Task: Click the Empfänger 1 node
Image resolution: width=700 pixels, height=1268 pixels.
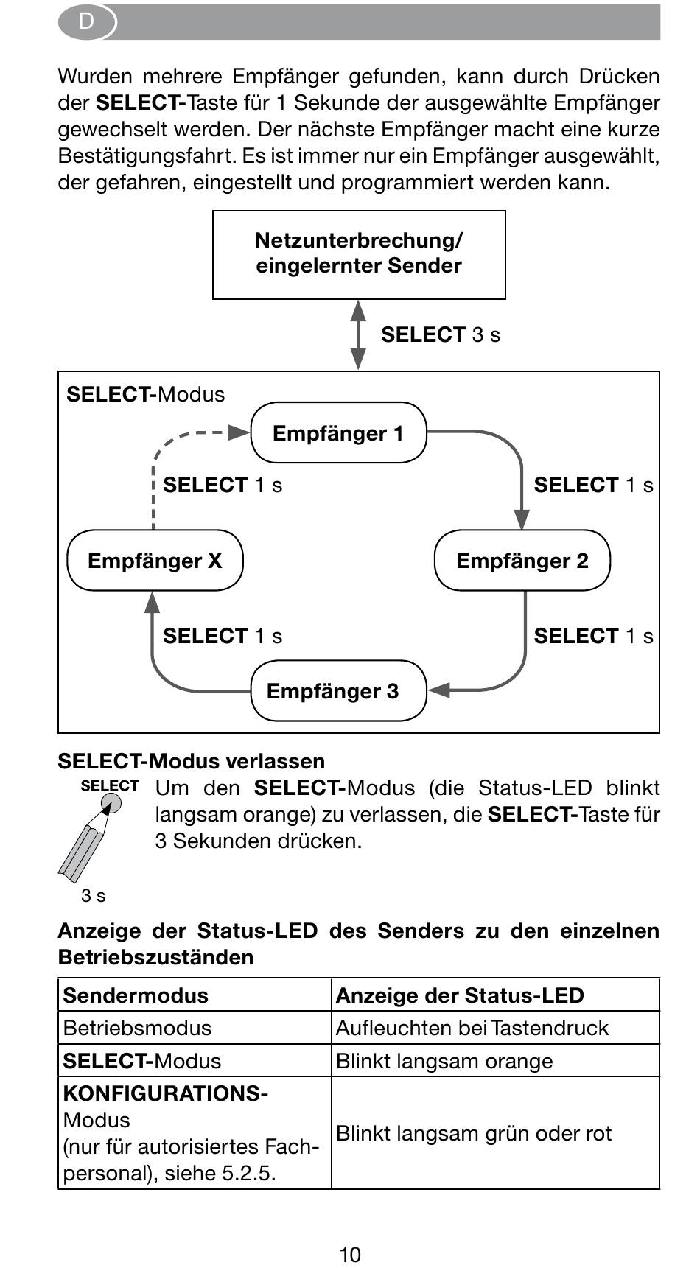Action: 339,432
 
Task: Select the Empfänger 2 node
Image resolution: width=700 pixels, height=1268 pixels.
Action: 522,560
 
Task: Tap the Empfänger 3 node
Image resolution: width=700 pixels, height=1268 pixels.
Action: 339,690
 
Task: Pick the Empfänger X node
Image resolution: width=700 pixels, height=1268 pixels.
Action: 155,560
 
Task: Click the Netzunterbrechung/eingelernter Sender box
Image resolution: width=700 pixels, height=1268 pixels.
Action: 359,255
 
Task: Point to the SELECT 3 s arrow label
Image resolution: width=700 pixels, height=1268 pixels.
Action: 441,334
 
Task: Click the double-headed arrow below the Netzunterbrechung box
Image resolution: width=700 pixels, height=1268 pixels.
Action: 358,334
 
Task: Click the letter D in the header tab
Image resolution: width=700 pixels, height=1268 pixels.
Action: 86,21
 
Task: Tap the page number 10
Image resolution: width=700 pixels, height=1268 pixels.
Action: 350,1254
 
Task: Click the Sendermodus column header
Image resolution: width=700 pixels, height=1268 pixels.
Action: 136,995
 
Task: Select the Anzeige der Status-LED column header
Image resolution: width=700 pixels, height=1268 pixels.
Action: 460,995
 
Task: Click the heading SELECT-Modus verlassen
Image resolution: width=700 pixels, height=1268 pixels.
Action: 192,761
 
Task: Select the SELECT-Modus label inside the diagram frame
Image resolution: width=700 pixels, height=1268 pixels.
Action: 146,394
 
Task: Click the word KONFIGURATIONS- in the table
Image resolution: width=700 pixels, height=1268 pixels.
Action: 166,1093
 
